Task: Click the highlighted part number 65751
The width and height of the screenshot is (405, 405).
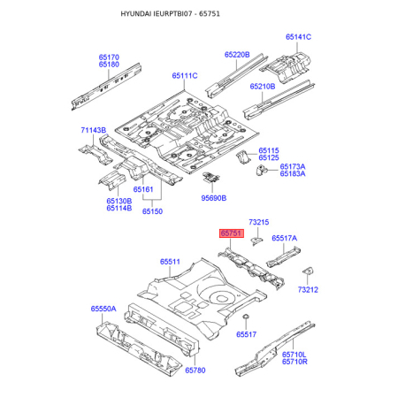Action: pyautogui.click(x=232, y=233)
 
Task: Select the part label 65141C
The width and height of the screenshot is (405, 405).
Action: pyautogui.click(x=298, y=37)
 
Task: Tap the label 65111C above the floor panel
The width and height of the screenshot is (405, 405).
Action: pyautogui.click(x=185, y=76)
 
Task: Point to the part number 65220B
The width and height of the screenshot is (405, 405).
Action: pyautogui.click(x=237, y=55)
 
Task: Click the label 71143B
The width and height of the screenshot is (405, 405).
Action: pyautogui.click(x=94, y=130)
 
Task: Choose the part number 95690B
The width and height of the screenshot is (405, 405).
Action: pyautogui.click(x=214, y=198)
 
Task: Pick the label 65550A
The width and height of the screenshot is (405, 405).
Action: pyautogui.click(x=103, y=309)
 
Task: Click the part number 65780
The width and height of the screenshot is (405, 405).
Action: pyautogui.click(x=195, y=371)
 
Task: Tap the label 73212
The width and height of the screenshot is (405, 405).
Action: pyautogui.click(x=308, y=290)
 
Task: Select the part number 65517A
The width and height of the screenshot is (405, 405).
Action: pyautogui.click(x=285, y=238)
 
